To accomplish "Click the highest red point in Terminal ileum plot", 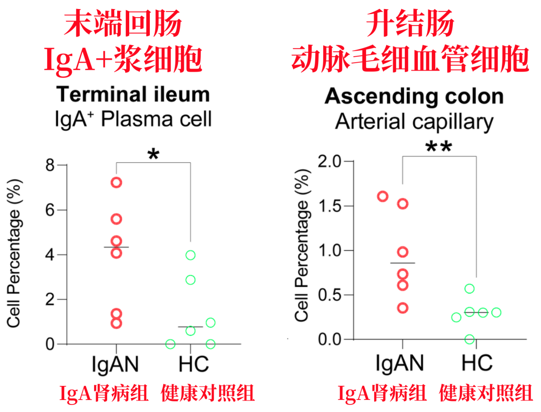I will pyautogui.click(x=116, y=182).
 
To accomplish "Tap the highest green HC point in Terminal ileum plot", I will pyautogui.click(x=190, y=255).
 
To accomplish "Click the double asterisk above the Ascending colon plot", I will pyautogui.click(x=439, y=147).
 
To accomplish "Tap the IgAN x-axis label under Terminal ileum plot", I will pyautogui.click(x=116, y=364).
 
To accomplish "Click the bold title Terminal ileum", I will pyautogui.click(x=133, y=95).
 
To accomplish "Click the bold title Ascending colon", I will pyautogui.click(x=414, y=96).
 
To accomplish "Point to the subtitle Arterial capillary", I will pyautogui.click(x=414, y=122).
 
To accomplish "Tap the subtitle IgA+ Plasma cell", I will pyautogui.click(x=133, y=119).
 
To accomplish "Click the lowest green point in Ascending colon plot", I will pyautogui.click(x=469, y=339).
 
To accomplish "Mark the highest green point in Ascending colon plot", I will pyautogui.click(x=469, y=289).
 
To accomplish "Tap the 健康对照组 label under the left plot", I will pyautogui.click(x=207, y=393).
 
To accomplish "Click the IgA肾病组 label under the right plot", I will pyautogui.click(x=383, y=393).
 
